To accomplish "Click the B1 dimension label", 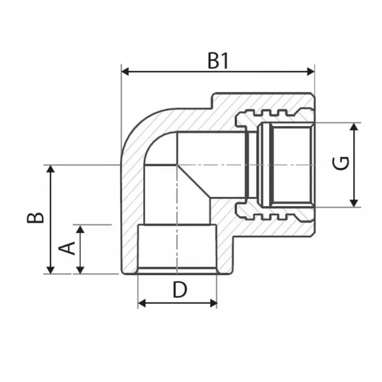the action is [218, 61].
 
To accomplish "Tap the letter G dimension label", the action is [341, 163].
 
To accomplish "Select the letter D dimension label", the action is [180, 290].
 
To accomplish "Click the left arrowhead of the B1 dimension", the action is [125, 72].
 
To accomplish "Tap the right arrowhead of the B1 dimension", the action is [311, 72].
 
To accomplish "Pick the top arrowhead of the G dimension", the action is [354, 127].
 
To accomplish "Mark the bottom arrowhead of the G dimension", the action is [354, 203].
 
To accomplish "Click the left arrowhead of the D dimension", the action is [142, 303].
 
